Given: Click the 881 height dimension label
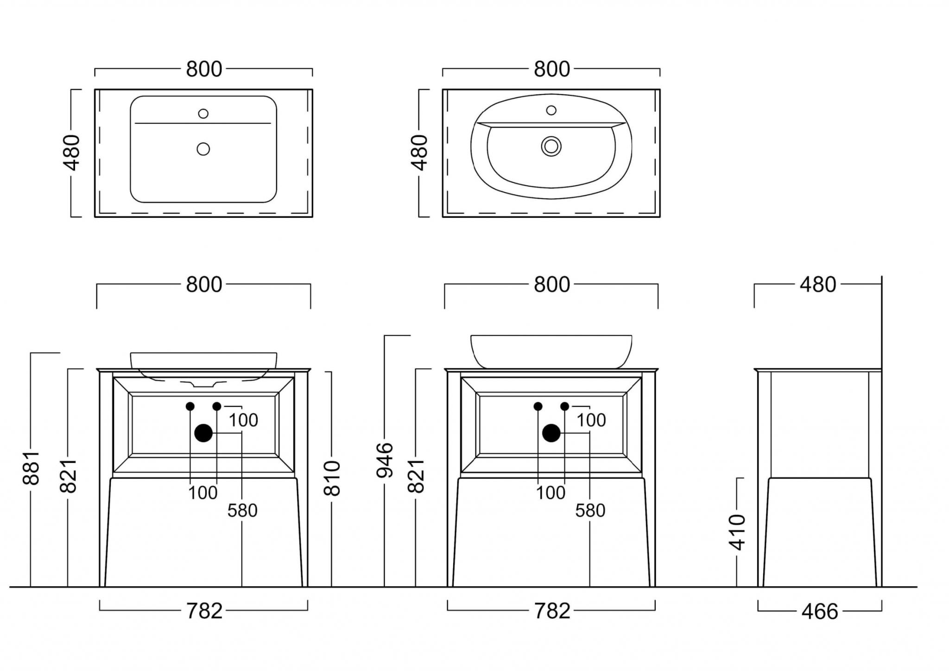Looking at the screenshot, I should point(32,468).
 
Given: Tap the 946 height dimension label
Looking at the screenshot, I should point(385,460).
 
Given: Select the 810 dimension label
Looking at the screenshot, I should point(332,478).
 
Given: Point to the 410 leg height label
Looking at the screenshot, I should point(737,532).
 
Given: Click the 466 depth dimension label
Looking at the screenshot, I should point(820,612).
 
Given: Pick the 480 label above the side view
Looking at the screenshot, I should point(818,285).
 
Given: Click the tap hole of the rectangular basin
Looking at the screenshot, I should point(203,114).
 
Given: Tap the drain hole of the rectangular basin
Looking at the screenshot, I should point(203,149).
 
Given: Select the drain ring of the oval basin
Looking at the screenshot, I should point(551,146).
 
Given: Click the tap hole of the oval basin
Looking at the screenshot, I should point(551,110).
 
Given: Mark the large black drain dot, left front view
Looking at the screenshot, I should point(203,433).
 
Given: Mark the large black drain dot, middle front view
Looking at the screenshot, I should point(551,433).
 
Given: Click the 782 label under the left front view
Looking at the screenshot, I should point(204,611).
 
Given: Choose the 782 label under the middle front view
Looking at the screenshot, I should point(552,611).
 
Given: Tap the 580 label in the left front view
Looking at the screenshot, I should point(242,511).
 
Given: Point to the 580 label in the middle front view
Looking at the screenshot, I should point(590,511).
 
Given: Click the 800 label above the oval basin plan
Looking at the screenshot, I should point(551,70).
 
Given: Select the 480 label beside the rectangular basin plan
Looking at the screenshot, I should point(72,152).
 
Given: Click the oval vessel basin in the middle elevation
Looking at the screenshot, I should point(551,351).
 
